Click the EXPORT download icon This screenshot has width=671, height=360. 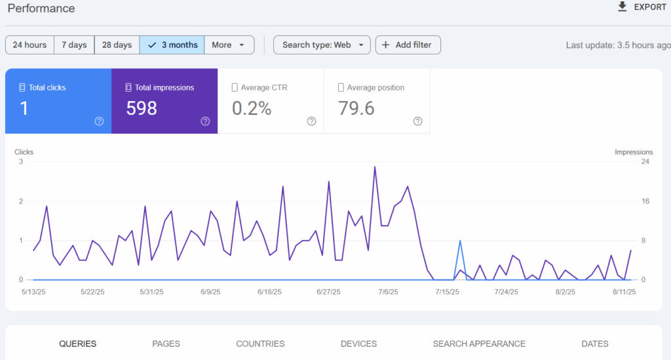pyautogui.click(x=623, y=7)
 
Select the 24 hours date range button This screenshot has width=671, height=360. pyautogui.click(x=29, y=45)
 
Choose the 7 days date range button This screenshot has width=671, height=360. pyautogui.click(x=74, y=45)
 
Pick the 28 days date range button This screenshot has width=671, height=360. pyautogui.click(x=117, y=45)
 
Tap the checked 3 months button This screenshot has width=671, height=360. pyautogui.click(x=172, y=45)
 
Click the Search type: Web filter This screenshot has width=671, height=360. pyautogui.click(x=322, y=45)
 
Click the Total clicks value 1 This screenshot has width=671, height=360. pyautogui.click(x=24, y=108)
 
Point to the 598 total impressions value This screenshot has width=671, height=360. pyautogui.click(x=142, y=108)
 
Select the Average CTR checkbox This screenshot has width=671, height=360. pyautogui.click(x=235, y=87)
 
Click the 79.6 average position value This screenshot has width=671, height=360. pyautogui.click(x=356, y=108)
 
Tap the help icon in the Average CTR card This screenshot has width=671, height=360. pyautogui.click(x=311, y=121)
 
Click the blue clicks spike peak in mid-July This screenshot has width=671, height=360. pyautogui.click(x=461, y=241)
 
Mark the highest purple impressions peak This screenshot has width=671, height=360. pyautogui.click(x=375, y=167)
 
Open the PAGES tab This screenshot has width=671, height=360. pyautogui.click(x=166, y=344)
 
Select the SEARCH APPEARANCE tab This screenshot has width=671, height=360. pyautogui.click(x=479, y=344)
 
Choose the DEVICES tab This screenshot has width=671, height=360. pyautogui.click(x=358, y=344)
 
